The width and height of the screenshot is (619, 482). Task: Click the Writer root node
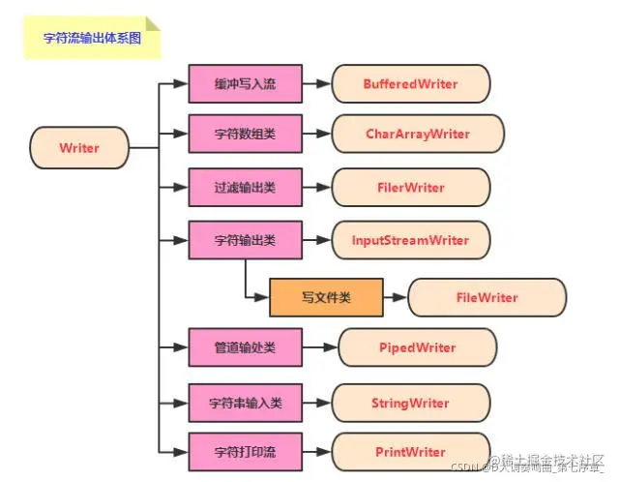pos(79,148)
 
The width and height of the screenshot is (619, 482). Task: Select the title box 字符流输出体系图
pos(92,40)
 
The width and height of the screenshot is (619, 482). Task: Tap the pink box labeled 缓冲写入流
pos(245,84)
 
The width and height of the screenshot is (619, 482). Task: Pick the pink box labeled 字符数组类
pos(245,134)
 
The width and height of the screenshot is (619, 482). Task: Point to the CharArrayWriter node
pos(418,134)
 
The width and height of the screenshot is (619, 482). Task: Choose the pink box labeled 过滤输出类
pos(245,186)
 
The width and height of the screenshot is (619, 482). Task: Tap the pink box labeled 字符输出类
pos(245,240)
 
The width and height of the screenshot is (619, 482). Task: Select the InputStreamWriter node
pos(417,240)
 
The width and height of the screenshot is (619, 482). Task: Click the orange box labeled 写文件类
pos(326,297)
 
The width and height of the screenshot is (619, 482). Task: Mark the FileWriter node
pos(486,297)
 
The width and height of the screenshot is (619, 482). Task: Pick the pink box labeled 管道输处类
pos(245,346)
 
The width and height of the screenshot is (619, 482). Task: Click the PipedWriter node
pos(417,346)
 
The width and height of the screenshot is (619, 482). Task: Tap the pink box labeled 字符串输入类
pos(245,402)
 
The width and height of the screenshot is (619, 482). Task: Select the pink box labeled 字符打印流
pos(245,451)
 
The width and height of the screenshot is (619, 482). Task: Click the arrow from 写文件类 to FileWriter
pos(396,297)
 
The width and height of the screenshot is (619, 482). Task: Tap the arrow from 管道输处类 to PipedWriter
pos(320,346)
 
